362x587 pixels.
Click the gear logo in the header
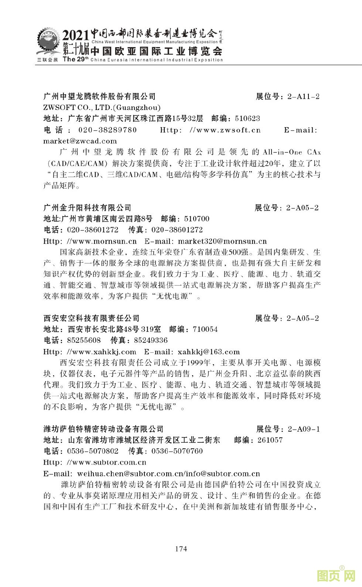48,44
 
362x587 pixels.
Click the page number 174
181,549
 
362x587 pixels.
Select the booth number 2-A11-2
303,97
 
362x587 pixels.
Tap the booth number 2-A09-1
303,429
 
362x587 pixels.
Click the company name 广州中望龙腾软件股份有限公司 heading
99,97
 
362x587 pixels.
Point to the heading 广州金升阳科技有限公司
87,208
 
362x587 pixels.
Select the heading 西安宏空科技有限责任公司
91,318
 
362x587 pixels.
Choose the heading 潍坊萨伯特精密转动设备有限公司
103,429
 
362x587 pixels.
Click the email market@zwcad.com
80,141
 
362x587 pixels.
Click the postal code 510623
247,119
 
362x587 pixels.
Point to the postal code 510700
196,219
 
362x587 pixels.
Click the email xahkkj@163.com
209,352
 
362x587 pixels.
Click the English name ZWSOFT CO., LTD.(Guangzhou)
102,108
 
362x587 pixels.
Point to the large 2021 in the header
76,36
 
